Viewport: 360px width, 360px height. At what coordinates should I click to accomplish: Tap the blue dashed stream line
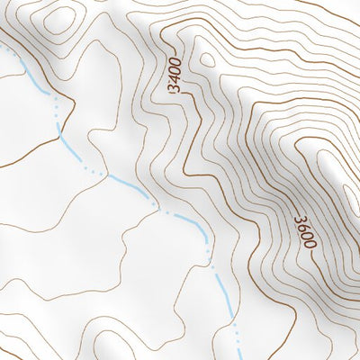[x=90, y=166]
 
